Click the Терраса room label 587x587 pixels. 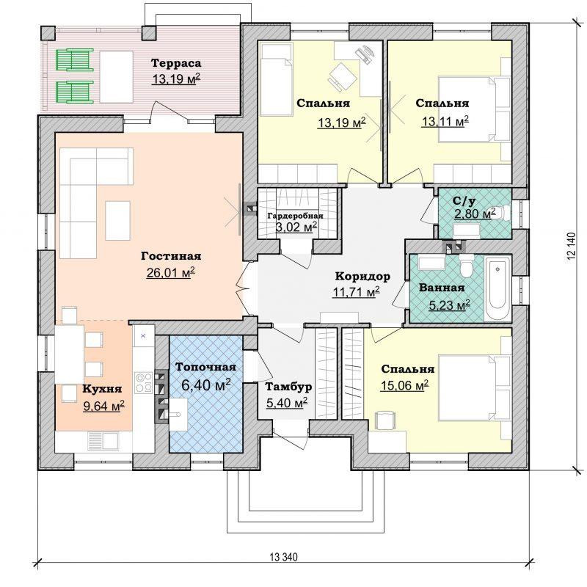pos(175,62)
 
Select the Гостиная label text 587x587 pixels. pos(171,256)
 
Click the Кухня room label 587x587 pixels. pos(81,389)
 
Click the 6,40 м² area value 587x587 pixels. pos(206,384)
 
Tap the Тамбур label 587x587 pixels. pos(289,386)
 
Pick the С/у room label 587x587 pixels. pos(466,200)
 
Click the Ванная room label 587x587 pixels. pos(442,288)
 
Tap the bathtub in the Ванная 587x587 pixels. pos(497,288)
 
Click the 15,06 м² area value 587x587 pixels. pos(404,385)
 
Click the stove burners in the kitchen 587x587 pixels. pos(145,382)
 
